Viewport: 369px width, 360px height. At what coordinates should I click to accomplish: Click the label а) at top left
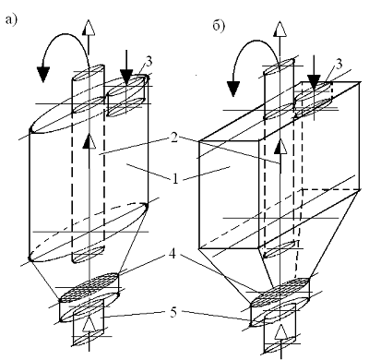11,20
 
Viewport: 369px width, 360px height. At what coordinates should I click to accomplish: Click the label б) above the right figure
219,26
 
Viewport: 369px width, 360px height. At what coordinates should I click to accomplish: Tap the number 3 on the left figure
149,62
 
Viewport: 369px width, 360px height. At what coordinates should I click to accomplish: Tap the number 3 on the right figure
339,65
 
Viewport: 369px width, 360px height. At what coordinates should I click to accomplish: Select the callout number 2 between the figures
174,138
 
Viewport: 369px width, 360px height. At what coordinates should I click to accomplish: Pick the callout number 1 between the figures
175,179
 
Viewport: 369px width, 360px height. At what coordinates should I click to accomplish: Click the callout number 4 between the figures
173,255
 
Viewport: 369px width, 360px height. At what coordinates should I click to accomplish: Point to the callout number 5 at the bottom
173,313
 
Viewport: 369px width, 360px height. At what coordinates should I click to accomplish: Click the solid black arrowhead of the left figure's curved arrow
43,73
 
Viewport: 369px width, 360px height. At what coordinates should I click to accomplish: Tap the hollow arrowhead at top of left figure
89,28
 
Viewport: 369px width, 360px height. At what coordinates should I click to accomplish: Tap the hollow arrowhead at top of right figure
280,30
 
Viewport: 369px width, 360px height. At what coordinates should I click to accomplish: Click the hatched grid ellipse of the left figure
89,287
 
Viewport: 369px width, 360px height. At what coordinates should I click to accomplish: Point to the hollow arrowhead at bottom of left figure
89,325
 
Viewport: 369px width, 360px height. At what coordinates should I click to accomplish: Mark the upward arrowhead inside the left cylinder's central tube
89,142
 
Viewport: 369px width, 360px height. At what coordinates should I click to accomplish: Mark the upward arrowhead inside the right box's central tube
280,146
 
